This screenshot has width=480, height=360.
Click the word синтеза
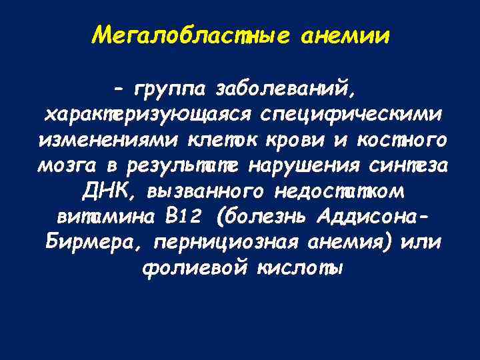point(409,166)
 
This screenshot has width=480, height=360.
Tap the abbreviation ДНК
point(106,192)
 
